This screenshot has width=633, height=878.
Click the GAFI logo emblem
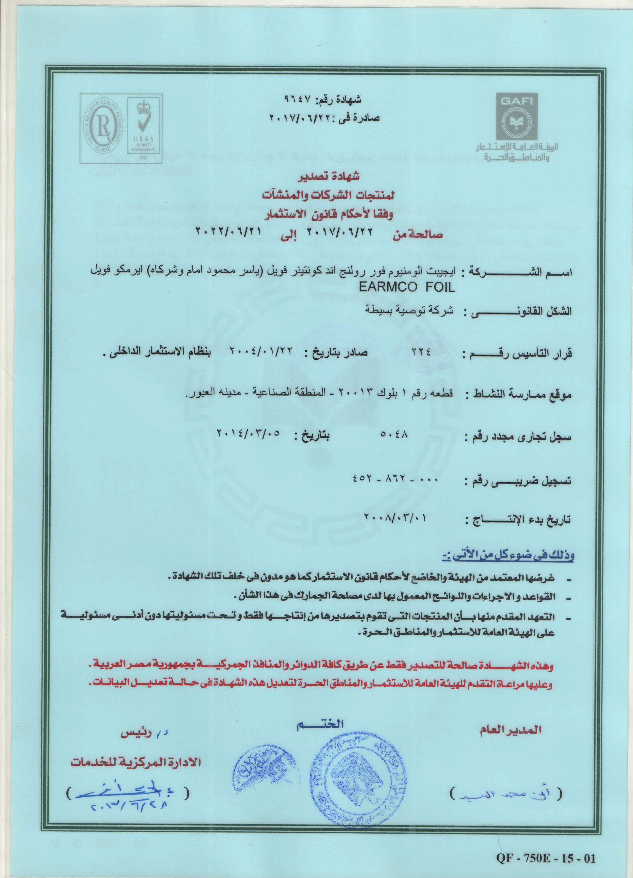(517, 121)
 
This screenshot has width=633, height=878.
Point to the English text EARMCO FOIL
(406, 288)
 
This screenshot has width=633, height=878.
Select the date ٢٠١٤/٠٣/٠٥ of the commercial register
(248, 433)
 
